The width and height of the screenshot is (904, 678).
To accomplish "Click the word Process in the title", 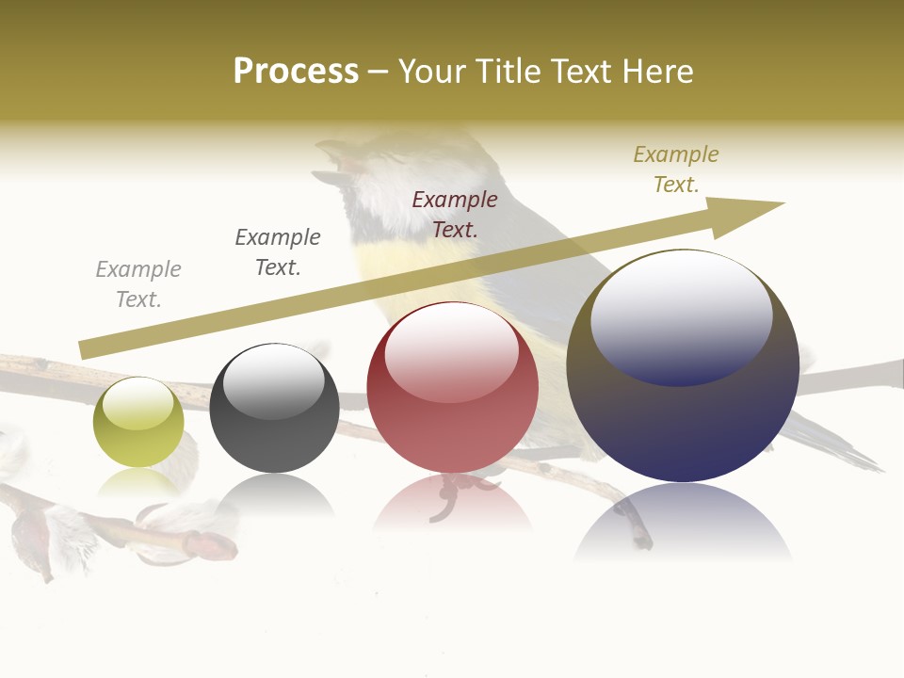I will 296,72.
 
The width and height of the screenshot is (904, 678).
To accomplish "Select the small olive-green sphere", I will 138,422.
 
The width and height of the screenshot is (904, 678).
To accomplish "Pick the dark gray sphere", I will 274,409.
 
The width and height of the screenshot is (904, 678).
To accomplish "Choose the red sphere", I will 452,388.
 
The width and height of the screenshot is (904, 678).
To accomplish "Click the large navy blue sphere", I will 683,366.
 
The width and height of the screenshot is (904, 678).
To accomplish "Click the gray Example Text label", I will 138,284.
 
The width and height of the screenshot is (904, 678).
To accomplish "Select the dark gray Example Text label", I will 278,252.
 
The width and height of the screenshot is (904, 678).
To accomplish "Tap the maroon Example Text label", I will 455,214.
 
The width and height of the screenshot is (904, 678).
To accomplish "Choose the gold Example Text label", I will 676,169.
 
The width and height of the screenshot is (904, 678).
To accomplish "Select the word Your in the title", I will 434,72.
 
